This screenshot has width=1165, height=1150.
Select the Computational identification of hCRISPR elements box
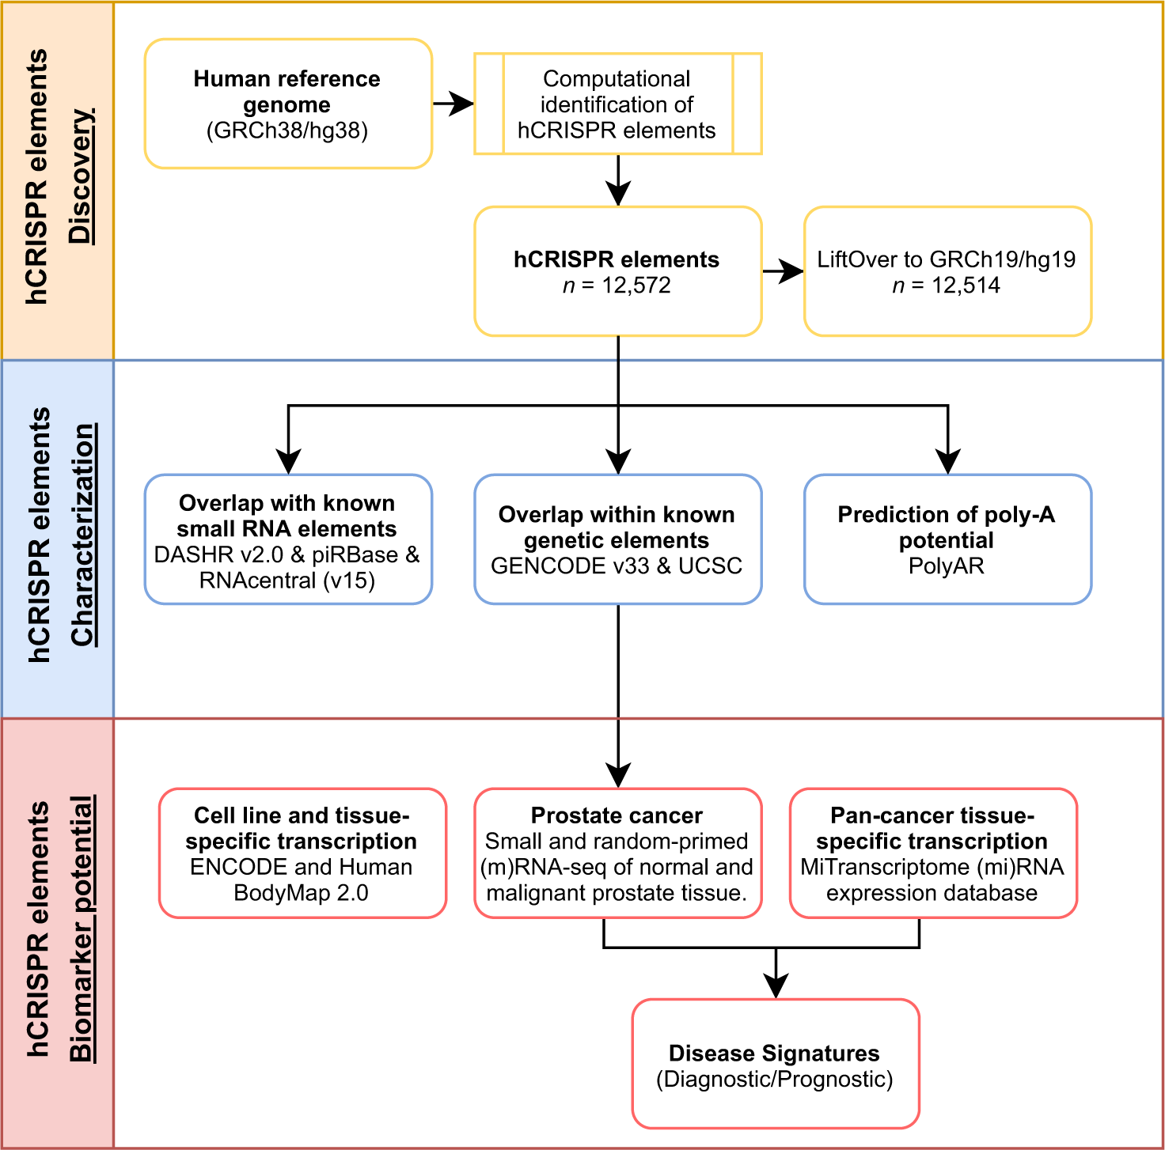coord(617,104)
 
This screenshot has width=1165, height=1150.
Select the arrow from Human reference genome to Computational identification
coord(453,104)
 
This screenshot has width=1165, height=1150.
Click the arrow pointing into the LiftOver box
coord(784,271)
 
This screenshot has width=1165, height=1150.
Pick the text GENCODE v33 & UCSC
coord(617,566)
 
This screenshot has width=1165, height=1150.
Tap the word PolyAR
coord(947,566)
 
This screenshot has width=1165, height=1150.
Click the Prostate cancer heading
coord(617,815)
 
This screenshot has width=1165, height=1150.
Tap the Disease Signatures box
coord(776,1064)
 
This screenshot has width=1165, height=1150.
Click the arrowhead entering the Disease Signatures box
coord(776,985)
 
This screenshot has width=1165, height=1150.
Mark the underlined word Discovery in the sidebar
coord(81,176)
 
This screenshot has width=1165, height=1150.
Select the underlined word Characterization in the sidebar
coord(82,535)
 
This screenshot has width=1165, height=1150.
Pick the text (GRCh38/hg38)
coord(287,131)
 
